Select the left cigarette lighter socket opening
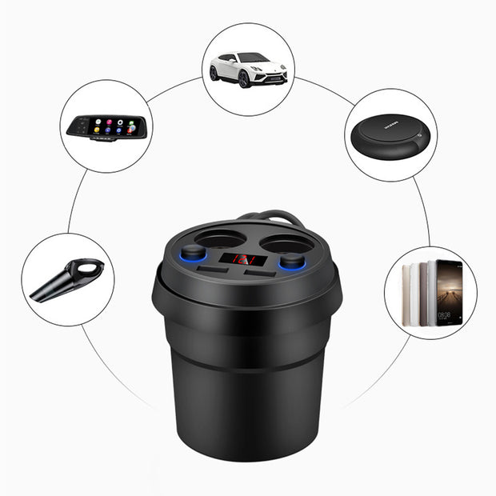216,238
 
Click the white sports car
248,69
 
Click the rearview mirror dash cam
105,127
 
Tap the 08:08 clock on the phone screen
445,315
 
